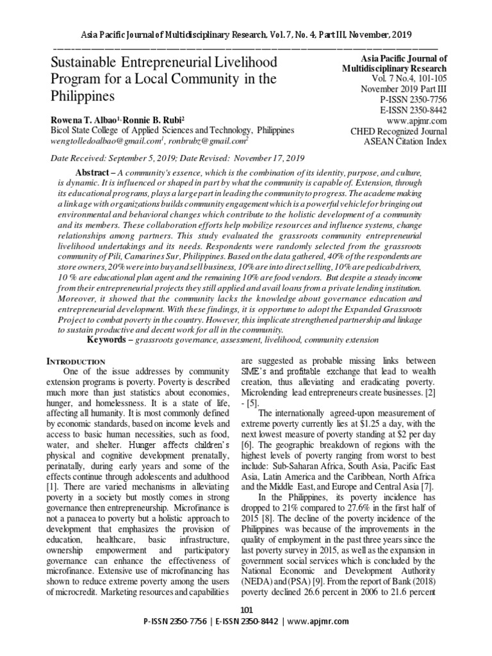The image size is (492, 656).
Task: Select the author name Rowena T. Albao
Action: (x=85, y=119)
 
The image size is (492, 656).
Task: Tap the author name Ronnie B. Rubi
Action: (x=156, y=119)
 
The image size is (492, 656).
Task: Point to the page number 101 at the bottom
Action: (x=246, y=609)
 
